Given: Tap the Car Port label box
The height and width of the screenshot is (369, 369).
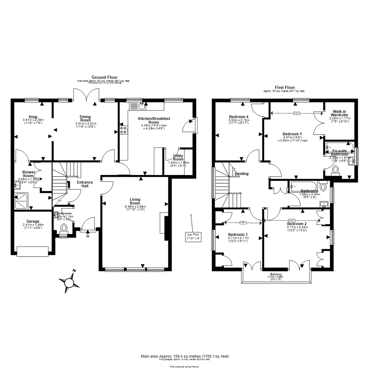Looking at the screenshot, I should pyautogui.click(x=192, y=236).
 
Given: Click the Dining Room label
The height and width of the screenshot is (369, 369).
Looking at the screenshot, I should pyautogui.click(x=85, y=119).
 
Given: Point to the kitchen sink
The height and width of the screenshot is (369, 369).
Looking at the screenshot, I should pyautogui.click(x=141, y=106).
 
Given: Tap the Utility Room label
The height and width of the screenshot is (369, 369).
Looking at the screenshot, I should pyautogui.click(x=178, y=158).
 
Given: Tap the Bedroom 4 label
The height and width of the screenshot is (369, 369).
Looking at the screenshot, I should pyautogui.click(x=238, y=117).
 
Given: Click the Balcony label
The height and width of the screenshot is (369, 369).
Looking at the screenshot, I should pyautogui.click(x=275, y=274).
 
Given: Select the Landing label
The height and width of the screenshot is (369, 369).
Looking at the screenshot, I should pyautogui.click(x=242, y=174).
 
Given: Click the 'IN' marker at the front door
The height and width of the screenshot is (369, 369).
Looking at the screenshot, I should pyautogui.click(x=88, y=236).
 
